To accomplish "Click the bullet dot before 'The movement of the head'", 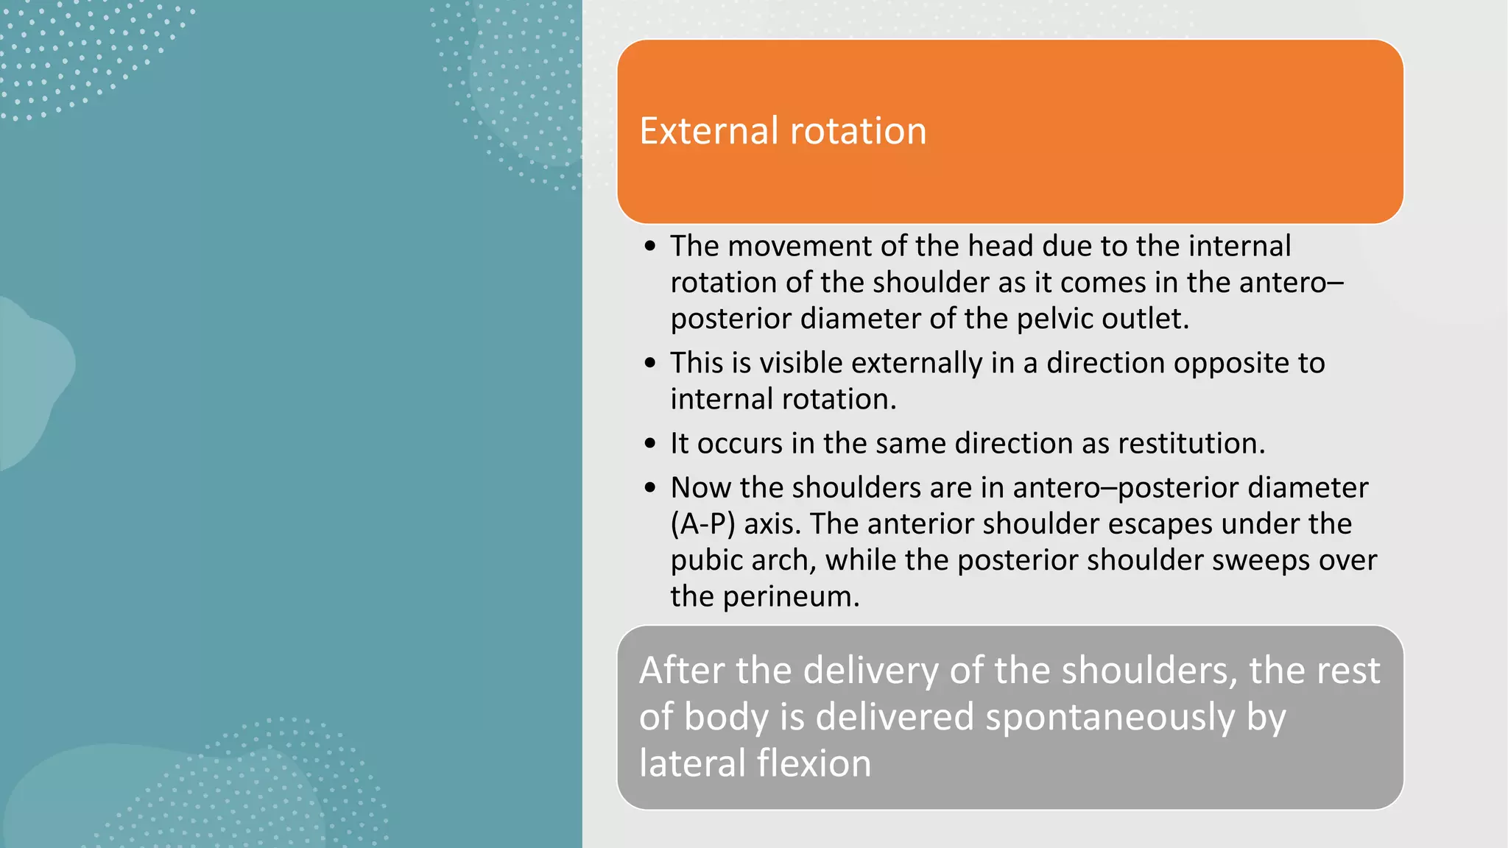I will [649, 247].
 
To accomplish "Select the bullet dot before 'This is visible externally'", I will [649, 363].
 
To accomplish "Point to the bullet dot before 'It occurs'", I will [649, 444].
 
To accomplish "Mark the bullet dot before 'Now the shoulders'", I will [649, 488].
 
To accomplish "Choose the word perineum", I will [791, 596].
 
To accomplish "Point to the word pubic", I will [706, 561].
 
